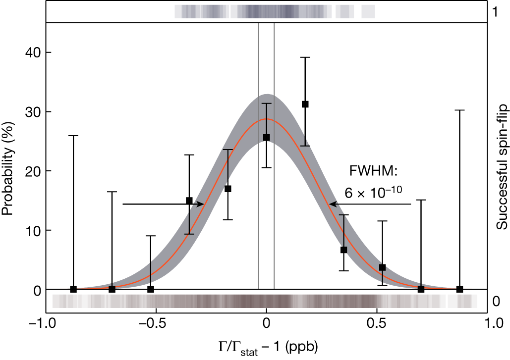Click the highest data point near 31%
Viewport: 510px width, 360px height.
[305, 104]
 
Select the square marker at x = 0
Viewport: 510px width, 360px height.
[267, 138]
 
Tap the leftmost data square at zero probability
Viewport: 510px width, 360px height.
[73, 289]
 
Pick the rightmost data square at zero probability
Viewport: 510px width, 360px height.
[460, 289]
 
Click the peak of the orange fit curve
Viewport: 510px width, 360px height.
[267, 119]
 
